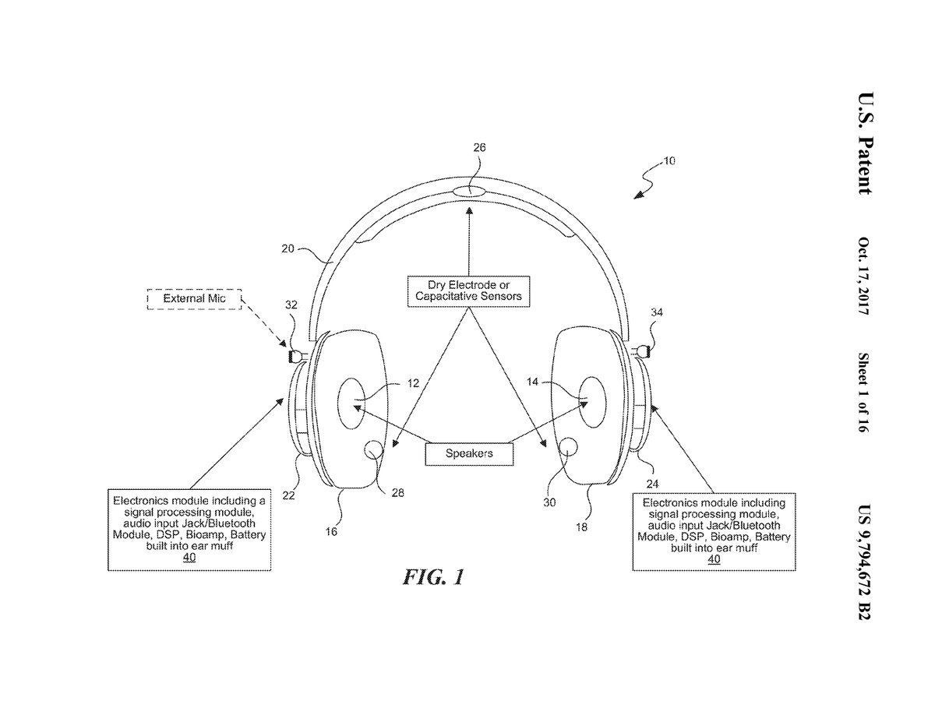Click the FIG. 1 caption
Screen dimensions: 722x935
(433, 577)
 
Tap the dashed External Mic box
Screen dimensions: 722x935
(195, 298)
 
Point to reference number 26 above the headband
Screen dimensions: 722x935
(479, 147)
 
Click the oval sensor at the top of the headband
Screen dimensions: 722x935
(469, 191)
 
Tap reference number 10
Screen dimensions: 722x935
(669, 162)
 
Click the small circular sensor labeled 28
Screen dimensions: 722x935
(374, 449)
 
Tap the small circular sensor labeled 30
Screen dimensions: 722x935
(570, 447)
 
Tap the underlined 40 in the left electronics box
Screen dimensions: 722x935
(189, 558)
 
